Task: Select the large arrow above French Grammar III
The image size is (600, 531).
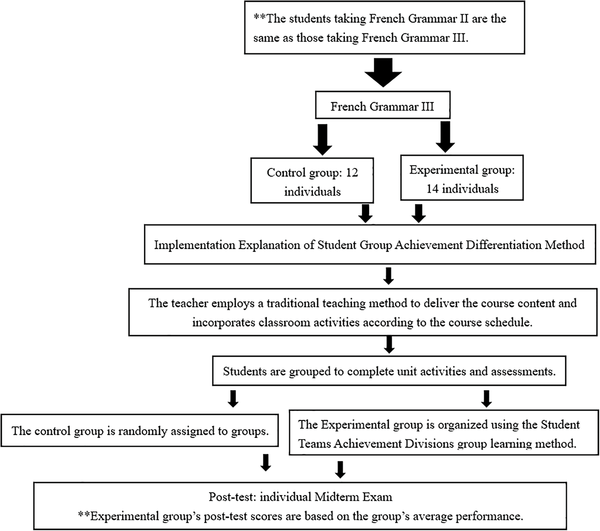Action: pyautogui.click(x=382, y=72)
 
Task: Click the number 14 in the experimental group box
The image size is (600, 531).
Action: pyautogui.click(x=432, y=188)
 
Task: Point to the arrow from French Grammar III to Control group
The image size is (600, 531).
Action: pyautogui.click(x=322, y=139)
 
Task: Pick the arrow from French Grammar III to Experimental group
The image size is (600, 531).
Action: pyautogui.click(x=445, y=136)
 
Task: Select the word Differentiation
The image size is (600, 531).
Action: pyautogui.click(x=503, y=245)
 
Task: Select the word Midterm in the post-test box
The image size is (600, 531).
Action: pyautogui.click(x=335, y=497)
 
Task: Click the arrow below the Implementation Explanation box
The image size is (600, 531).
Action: pyautogui.click(x=389, y=275)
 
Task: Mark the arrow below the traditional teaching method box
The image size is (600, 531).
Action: pyautogui.click(x=390, y=345)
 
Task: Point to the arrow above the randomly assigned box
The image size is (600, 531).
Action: pyautogui.click(x=233, y=399)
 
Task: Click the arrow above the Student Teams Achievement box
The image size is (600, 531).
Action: pyautogui.click(x=487, y=399)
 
